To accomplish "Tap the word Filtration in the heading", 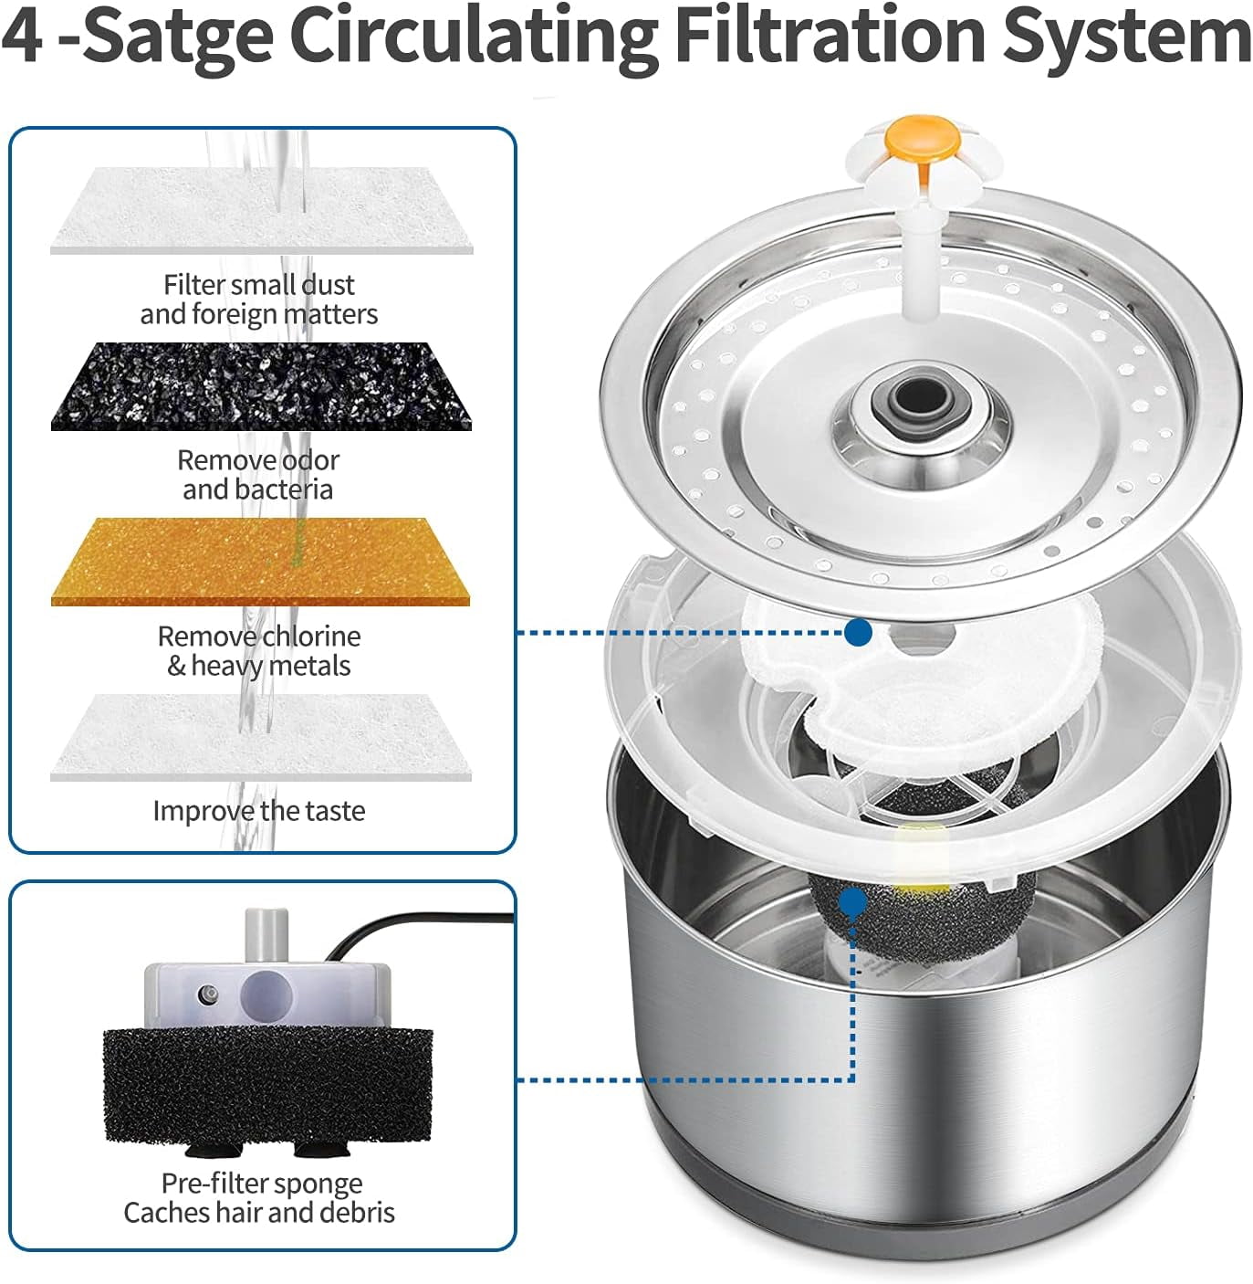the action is pyautogui.click(x=830, y=35).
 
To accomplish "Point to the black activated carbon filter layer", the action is pyautogui.click(x=261, y=386).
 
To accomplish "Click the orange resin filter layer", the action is pyautogui.click(x=260, y=562).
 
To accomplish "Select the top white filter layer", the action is pyautogui.click(x=262, y=210).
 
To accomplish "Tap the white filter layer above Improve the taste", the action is pyautogui.click(x=261, y=737).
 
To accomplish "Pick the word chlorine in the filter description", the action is pyautogui.click(x=310, y=636).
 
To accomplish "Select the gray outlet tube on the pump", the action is pyautogui.click(x=266, y=935).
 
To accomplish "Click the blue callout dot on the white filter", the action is pyautogui.click(x=858, y=633).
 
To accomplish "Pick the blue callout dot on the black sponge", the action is pyautogui.click(x=854, y=901).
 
